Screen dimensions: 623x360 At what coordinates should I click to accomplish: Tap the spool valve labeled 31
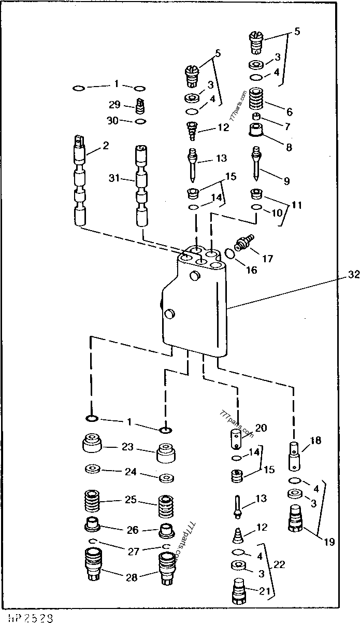tap(142, 186)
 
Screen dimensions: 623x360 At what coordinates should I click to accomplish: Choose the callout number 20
tap(261, 428)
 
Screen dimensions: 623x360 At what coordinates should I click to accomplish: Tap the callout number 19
tap(329, 543)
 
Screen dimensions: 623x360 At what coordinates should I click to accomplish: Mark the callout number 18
tap(315, 441)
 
